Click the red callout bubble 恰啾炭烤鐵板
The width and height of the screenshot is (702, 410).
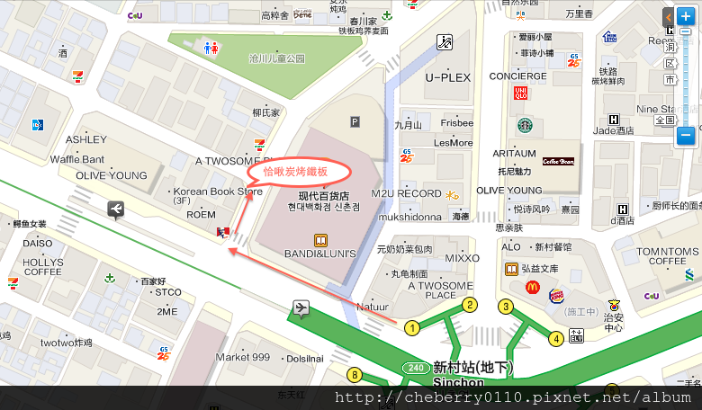294,171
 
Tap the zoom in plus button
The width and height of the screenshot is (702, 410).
686,16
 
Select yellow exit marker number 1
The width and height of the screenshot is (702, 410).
412,328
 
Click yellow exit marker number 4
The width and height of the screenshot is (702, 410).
557,338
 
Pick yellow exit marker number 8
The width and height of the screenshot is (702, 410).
355,375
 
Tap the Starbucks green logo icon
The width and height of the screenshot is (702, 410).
524,126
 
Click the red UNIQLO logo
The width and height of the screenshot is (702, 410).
519,93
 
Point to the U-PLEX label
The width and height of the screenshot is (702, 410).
448,77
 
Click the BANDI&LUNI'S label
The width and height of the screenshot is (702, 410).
321,254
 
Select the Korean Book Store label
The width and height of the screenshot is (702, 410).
218,191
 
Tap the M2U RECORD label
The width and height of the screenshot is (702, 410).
407,193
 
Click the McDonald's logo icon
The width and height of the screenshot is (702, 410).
532,287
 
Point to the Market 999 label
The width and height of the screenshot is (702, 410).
243,357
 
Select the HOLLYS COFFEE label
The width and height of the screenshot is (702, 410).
43,266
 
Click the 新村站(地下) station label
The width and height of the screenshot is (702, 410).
472,367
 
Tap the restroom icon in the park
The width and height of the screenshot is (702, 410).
211,48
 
